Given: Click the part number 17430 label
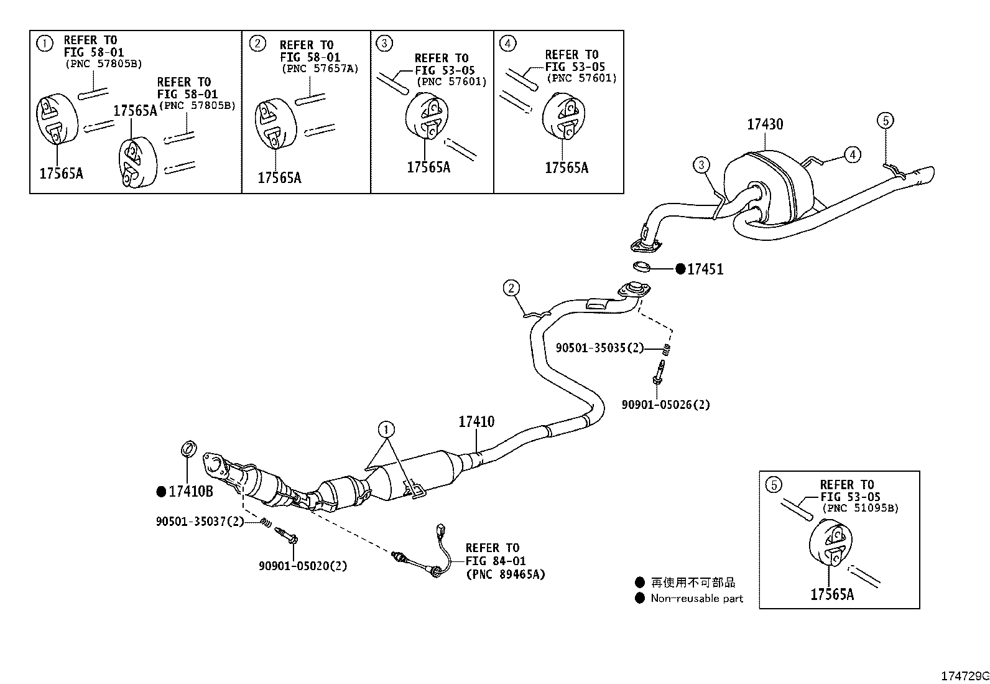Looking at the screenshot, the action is pyautogui.click(x=765, y=124).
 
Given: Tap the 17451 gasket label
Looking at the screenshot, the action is pyautogui.click(x=705, y=269).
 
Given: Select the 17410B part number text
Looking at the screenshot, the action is pyautogui.click(x=191, y=491).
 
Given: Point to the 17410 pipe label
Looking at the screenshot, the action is pyautogui.click(x=476, y=421).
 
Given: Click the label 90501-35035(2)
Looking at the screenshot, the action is pyautogui.click(x=599, y=348).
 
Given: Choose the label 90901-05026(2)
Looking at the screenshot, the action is pyautogui.click(x=665, y=405).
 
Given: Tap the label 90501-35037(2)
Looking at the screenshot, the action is pyautogui.click(x=200, y=522).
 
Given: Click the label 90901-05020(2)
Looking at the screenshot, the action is pyautogui.click(x=303, y=565).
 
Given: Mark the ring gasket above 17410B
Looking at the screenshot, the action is pyautogui.click(x=188, y=449).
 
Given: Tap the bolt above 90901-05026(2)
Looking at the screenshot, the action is pyautogui.click(x=658, y=372).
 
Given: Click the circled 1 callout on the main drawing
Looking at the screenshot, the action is pyautogui.click(x=386, y=429).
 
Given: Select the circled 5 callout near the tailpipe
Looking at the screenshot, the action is pyautogui.click(x=886, y=120).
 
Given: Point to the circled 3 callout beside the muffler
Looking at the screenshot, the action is pyautogui.click(x=701, y=165).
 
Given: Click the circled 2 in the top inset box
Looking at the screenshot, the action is pyautogui.click(x=257, y=44).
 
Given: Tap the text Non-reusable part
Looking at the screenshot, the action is pyautogui.click(x=697, y=598).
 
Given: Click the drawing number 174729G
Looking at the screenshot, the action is pyautogui.click(x=965, y=676).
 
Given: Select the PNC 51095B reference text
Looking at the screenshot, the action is pyautogui.click(x=860, y=508).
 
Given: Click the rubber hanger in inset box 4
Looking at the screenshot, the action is pyautogui.click(x=563, y=116).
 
